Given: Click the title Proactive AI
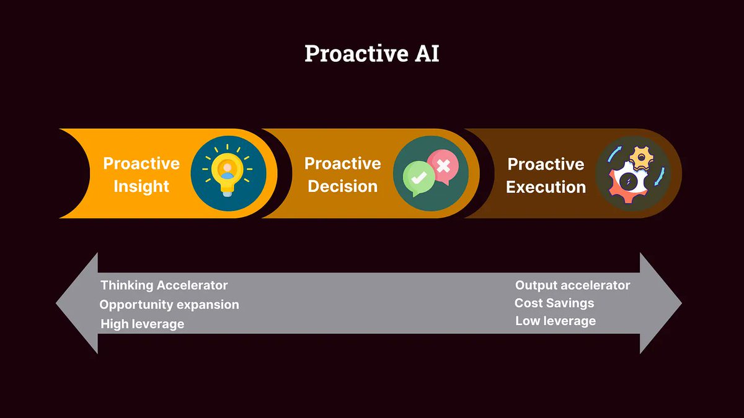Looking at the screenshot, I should pos(371,54).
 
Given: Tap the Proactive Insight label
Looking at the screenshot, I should pos(141,175).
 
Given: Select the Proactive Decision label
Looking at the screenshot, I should pos(343,175).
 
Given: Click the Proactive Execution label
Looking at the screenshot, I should pos(546,175).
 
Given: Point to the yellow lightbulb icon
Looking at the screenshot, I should pos(228,172).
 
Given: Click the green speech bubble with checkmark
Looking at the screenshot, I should pos(418,176).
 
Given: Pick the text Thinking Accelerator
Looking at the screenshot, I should pos(164,285).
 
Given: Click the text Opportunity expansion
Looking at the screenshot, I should pos(169,305).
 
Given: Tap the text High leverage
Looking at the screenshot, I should pos(143,324).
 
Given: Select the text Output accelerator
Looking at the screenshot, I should pos(572,285).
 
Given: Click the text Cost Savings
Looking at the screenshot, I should pos(554,303).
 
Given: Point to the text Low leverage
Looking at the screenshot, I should pos(556,321).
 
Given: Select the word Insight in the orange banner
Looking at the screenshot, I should pos(141,186).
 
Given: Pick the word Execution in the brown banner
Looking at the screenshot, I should pos(546,187).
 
